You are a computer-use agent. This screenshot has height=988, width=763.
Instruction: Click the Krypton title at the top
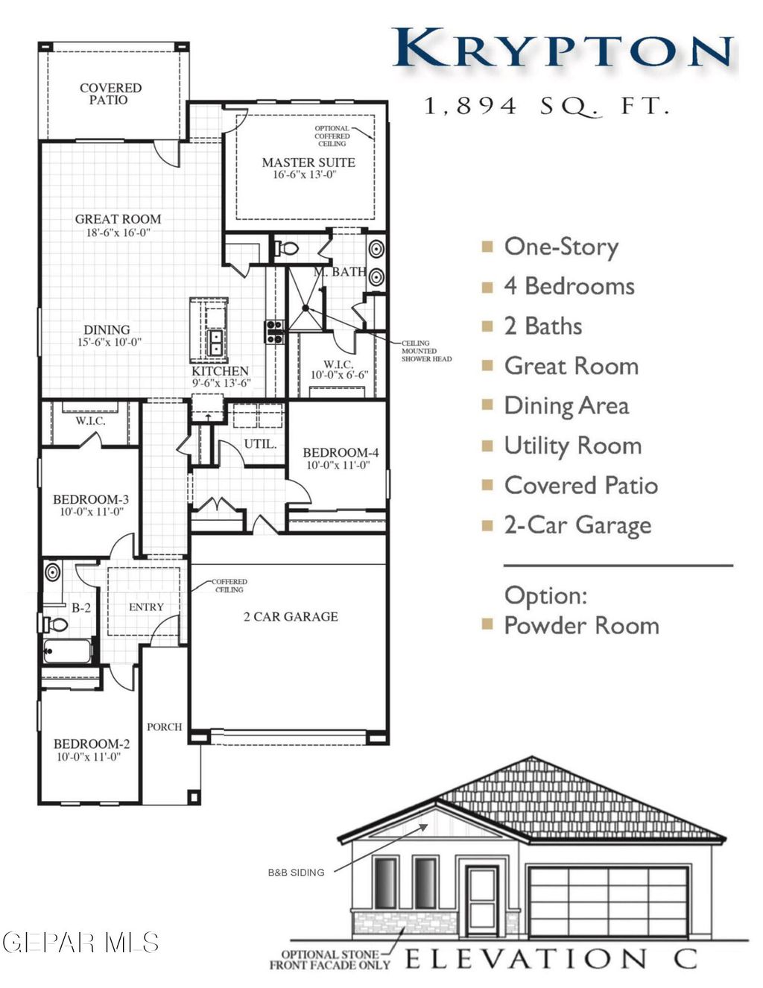click(x=563, y=50)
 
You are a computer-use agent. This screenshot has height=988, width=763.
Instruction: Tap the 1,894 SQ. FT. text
click(x=547, y=107)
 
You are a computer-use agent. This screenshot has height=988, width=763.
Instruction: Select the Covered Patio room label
click(x=110, y=94)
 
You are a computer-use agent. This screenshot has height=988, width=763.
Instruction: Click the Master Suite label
click(x=308, y=162)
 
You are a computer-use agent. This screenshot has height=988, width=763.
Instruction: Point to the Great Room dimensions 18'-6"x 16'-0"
click(x=118, y=232)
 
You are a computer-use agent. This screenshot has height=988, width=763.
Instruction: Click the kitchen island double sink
click(x=215, y=341)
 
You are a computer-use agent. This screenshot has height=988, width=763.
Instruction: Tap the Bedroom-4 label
click(x=341, y=452)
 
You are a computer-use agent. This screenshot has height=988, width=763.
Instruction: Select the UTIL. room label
click(x=260, y=444)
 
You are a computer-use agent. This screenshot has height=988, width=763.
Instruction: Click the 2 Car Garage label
click(x=291, y=617)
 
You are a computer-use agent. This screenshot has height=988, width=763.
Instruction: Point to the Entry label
click(x=146, y=607)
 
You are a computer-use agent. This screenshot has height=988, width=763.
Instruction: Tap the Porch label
click(x=165, y=726)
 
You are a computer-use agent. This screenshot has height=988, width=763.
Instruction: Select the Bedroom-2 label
click(x=92, y=744)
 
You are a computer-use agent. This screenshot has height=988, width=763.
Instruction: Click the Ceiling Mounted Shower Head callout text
click(x=426, y=351)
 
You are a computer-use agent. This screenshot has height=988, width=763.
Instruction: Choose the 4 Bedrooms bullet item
click(x=569, y=286)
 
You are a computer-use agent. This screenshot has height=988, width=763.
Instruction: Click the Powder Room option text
click(x=581, y=625)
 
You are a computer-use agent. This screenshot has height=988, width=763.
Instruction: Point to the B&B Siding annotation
click(x=296, y=873)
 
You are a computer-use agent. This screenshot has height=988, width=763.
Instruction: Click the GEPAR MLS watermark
click(x=80, y=943)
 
